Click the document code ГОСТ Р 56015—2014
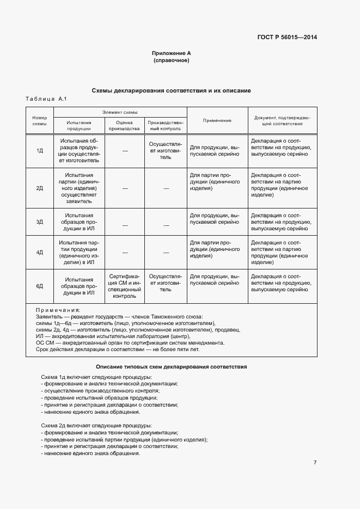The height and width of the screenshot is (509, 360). (x=287, y=38)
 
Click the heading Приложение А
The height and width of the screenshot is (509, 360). (x=171, y=53)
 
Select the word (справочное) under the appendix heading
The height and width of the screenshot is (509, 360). (x=171, y=60)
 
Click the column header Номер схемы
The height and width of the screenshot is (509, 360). (x=40, y=120)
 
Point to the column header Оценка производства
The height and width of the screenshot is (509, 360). (x=125, y=125)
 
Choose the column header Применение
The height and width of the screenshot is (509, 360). (x=217, y=120)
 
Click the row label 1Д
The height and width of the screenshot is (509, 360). (x=40, y=150)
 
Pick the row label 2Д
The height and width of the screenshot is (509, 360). (x=40, y=188)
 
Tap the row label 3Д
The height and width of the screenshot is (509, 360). (x=40, y=222)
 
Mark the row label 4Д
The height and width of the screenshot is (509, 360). (x=40, y=253)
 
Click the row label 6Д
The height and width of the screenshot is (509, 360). (x=40, y=286)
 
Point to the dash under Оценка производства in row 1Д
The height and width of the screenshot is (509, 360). (x=125, y=150)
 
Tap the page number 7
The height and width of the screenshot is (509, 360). (x=315, y=462)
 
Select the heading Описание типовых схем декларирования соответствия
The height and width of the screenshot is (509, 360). (x=171, y=367)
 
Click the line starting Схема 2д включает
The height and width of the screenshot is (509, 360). (x=96, y=425)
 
